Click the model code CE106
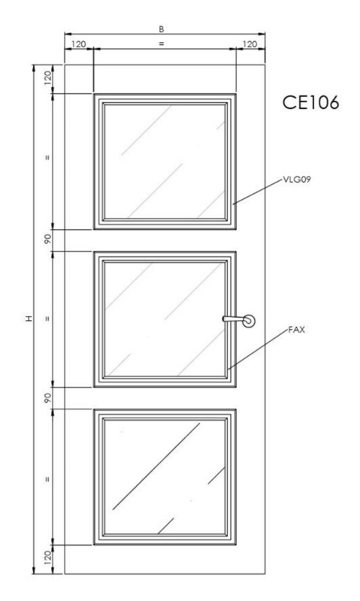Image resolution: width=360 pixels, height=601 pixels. tap(310, 103)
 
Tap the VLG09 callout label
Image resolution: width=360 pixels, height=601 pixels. tap(296, 179)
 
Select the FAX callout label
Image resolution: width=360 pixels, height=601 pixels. tap(296, 330)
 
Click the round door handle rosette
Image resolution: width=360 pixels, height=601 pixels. tap(249, 321)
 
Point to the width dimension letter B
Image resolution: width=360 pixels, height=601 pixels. tap(162, 29)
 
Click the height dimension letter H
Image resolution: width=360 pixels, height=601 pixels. tap(29, 319)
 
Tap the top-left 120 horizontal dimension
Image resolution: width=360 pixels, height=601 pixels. tap(79, 44)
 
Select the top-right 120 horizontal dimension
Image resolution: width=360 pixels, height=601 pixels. tap(250, 44)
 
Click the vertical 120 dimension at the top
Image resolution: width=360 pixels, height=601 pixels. tap(47, 79)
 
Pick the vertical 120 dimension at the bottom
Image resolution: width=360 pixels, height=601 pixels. tap(47, 558)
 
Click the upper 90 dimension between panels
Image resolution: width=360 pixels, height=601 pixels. tap(47, 240)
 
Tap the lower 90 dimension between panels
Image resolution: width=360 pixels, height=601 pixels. tap(47, 397)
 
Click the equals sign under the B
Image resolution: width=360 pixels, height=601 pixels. tap(162, 44)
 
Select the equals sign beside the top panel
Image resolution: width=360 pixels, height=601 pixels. tap(47, 157)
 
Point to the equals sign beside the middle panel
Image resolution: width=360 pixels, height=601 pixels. tap(47, 318)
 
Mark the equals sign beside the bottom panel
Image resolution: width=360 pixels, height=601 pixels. tap(47, 479)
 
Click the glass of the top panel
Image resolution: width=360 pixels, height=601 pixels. tap(165, 162)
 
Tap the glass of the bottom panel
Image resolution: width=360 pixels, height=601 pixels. tap(165, 476)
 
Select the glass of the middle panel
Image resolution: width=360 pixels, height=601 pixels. tap(165, 319)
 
